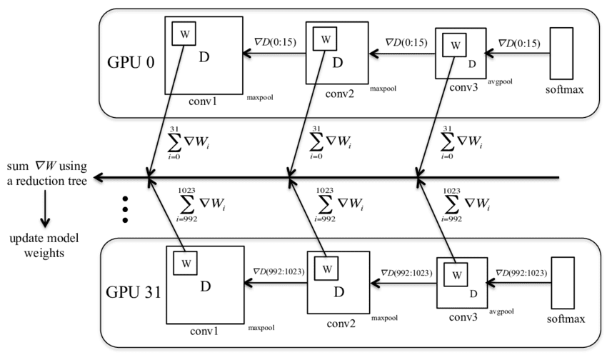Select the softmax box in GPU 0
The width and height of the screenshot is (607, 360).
click(562, 54)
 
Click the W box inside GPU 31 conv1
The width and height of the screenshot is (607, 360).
click(184, 262)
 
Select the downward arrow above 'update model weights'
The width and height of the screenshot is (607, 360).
click(44, 214)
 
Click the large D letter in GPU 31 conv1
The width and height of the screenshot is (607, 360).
click(205, 286)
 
